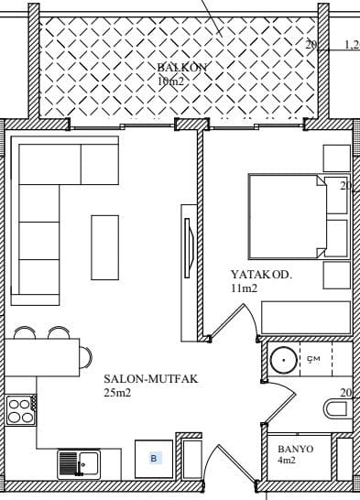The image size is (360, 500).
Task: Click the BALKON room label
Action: click(182, 67)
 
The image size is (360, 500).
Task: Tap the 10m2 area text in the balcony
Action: click(170, 82)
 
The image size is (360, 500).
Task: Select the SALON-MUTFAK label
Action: click(151, 379)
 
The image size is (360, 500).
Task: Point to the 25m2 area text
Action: click(117, 393)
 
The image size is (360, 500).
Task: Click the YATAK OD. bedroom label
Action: click(261, 275)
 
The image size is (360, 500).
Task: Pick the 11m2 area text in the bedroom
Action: click(244, 288)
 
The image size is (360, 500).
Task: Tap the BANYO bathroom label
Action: click(296, 449)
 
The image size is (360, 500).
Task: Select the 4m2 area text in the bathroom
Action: click(287, 460)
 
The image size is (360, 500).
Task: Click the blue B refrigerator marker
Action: click(154, 459)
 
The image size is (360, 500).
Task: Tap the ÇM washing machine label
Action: click(313, 359)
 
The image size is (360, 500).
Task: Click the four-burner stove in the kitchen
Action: click(21, 410)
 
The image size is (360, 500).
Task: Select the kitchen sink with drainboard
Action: click(79, 464)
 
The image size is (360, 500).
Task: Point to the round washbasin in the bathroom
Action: click(283, 360)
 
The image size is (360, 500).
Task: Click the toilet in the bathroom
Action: click(335, 409)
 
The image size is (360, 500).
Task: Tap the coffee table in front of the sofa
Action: click(105, 248)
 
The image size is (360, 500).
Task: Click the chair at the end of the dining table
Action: click(86, 357)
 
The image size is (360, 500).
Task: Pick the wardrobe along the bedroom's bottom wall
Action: click(306, 318)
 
